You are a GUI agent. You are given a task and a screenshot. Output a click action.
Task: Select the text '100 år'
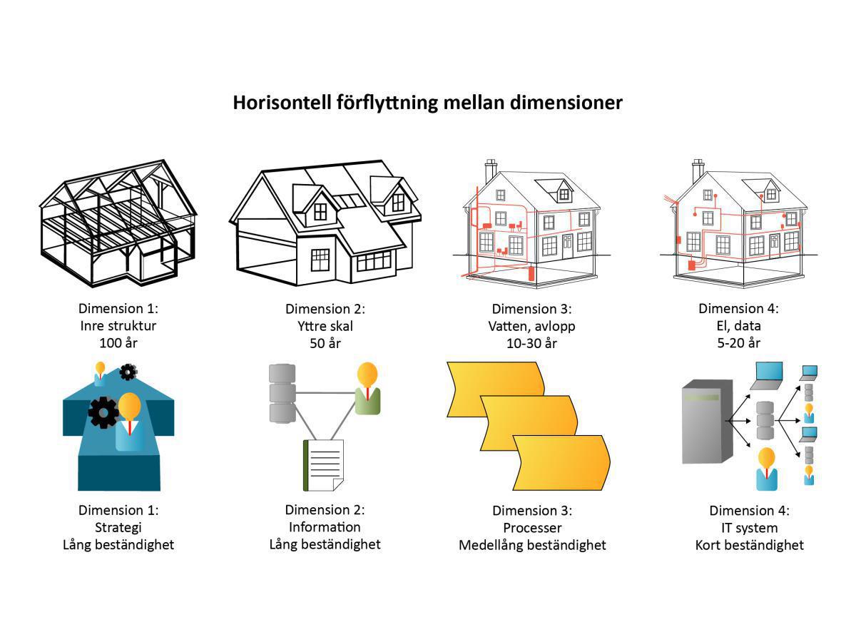pos(118,343)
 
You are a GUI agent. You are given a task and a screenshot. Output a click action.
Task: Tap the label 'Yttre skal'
pos(325,326)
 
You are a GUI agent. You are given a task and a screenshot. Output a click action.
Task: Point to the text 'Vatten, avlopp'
pos(532,326)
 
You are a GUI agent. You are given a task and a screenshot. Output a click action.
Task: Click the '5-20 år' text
pos(739,343)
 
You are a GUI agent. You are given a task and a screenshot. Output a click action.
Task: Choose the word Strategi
pos(118,527)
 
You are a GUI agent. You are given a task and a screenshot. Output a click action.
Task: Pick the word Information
pos(325,527)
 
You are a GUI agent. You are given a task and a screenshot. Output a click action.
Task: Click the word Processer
pos(532,528)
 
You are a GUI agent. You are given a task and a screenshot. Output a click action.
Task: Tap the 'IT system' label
pos(749,528)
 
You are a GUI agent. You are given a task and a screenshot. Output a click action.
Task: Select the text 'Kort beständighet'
pos(749,545)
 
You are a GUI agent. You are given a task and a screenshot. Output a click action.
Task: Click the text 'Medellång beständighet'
pos(532,545)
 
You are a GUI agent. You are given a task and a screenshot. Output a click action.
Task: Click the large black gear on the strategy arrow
pos(103,412)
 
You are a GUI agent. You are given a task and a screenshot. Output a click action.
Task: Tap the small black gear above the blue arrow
pos(128,372)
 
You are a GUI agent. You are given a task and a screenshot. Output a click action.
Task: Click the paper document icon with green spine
pos(324,465)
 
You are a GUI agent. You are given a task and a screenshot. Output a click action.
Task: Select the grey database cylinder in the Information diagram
pos(282,393)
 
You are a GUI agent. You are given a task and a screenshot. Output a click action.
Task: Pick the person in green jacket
pos(367,389)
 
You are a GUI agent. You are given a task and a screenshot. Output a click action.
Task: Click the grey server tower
pos(707,422)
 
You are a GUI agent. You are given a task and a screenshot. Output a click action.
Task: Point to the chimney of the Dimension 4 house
pos(698,171)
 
